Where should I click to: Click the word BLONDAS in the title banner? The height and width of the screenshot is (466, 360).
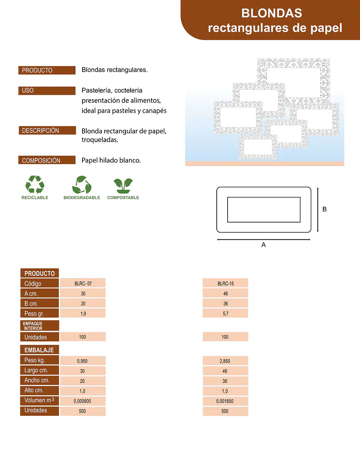(271, 13)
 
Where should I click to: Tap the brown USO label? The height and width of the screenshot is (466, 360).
(47, 90)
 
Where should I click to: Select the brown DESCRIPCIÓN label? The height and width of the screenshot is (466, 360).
(47, 131)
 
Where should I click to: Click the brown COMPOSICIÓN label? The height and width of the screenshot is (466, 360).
(47, 160)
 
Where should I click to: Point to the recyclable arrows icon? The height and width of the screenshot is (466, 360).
(35, 185)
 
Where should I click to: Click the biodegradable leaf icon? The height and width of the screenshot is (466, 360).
(82, 185)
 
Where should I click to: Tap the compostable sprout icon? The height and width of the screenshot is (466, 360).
(123, 186)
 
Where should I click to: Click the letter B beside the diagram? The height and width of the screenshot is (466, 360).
(324, 209)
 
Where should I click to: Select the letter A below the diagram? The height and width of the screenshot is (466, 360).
(264, 245)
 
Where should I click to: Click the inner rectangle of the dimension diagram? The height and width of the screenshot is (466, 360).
(264, 197)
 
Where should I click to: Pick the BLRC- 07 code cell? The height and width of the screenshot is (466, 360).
(83, 283)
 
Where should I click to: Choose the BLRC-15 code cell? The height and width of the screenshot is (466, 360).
(225, 283)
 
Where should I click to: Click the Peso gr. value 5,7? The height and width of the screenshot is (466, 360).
(225, 313)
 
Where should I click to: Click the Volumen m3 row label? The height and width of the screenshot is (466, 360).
(40, 401)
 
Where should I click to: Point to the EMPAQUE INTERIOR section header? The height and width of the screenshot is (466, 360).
(40, 326)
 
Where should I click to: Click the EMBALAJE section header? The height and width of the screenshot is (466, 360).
(40, 350)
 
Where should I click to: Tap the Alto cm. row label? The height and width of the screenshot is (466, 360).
(40, 391)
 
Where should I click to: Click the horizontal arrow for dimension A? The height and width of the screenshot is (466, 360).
(264, 239)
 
